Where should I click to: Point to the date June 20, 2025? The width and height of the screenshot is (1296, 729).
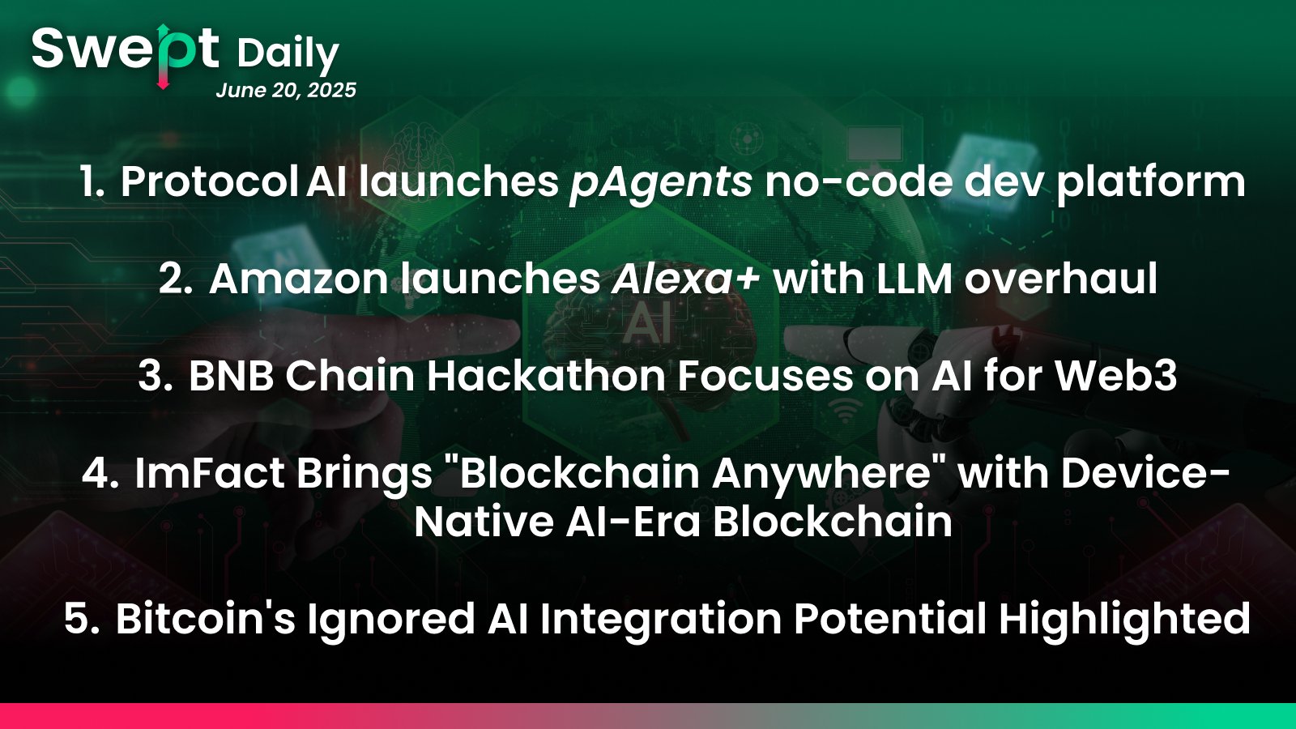[x=286, y=90]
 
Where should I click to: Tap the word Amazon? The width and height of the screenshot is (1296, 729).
[x=299, y=279]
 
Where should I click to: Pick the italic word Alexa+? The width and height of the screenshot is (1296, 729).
[x=685, y=279]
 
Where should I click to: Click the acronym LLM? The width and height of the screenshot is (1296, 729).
[x=914, y=279]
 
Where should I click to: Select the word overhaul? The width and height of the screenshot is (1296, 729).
[x=1060, y=279]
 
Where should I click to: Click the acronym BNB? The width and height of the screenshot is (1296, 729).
[x=231, y=377]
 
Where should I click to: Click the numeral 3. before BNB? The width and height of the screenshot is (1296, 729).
[x=156, y=377]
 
